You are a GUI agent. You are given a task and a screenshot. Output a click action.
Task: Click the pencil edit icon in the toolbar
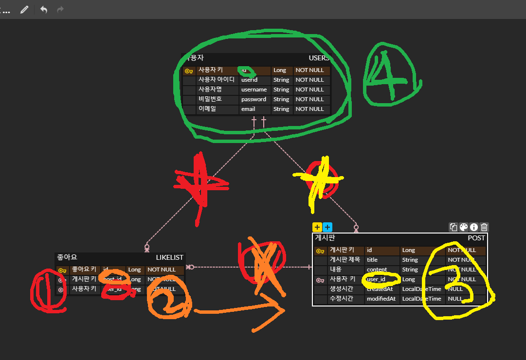(24, 10)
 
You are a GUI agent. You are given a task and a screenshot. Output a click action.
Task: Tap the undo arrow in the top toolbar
(44, 10)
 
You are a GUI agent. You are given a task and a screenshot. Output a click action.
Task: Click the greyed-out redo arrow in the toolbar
(60, 10)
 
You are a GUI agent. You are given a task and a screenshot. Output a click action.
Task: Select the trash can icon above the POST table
(484, 227)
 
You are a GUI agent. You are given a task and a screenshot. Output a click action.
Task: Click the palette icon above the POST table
(464, 227)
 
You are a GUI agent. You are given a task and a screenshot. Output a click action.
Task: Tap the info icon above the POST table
(474, 227)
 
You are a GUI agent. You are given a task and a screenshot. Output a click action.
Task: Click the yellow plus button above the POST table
(317, 227)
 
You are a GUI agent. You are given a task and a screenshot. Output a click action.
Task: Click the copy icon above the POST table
(453, 227)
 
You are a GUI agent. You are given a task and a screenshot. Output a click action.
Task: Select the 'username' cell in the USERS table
(254, 90)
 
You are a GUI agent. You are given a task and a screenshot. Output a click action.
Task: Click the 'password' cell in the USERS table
(254, 99)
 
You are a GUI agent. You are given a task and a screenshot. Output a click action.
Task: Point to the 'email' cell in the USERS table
(248, 109)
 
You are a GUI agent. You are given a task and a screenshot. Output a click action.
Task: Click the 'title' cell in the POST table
(372, 260)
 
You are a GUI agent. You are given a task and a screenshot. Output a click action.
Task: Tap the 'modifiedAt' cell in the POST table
(381, 299)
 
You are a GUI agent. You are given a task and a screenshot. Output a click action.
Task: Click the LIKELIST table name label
(169, 257)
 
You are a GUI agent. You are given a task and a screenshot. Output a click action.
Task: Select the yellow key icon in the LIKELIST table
(62, 270)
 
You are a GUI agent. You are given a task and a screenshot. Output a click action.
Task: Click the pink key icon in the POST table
(320, 280)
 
